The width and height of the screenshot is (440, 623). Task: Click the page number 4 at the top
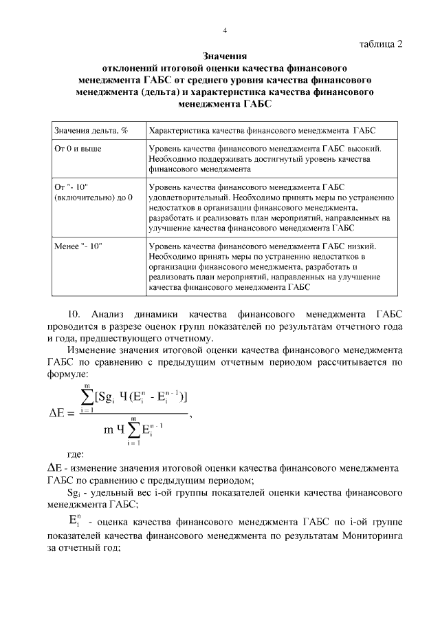click(225, 30)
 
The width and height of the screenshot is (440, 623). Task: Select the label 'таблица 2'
click(381, 44)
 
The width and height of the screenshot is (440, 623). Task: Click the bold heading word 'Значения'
click(224, 56)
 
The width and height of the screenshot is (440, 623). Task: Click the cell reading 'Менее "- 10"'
click(78, 246)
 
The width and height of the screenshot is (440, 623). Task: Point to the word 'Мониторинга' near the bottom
click(368, 534)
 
